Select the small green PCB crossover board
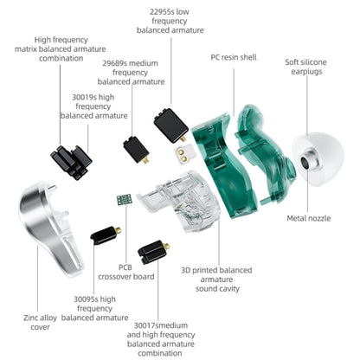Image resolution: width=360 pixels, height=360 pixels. click(124, 200)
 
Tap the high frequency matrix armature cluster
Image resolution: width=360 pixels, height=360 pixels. click(69, 161)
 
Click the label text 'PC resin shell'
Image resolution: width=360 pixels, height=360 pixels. click(235, 57)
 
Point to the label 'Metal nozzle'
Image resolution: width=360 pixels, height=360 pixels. click(308, 218)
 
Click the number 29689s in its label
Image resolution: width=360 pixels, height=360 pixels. click(117, 63)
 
